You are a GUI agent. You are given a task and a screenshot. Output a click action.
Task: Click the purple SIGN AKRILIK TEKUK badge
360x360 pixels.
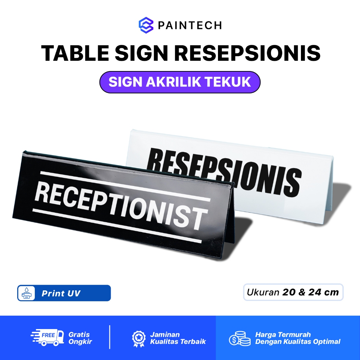[180, 82]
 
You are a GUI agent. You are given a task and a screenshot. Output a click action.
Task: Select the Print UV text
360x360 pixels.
[61, 293]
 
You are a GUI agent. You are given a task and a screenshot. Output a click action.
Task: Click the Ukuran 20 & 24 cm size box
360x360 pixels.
[293, 292]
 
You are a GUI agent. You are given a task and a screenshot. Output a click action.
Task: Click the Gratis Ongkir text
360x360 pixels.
[79, 338]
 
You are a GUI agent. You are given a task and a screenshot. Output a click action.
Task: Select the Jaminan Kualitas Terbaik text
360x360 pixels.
[178, 338]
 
